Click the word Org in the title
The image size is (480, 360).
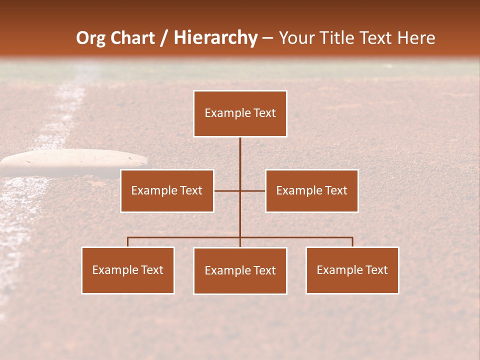[91, 38]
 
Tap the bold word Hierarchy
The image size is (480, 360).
[215, 38]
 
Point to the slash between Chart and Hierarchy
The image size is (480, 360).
[164, 38]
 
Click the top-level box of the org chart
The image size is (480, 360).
[240, 113]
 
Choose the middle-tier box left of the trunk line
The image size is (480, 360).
[167, 190]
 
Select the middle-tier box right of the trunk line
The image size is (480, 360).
[311, 190]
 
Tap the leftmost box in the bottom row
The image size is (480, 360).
[128, 270]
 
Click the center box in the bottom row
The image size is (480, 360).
[240, 270]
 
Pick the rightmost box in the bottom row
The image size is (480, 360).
[352, 270]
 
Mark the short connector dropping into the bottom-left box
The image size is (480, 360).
[128, 242]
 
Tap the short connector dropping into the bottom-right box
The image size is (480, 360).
[352, 242]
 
